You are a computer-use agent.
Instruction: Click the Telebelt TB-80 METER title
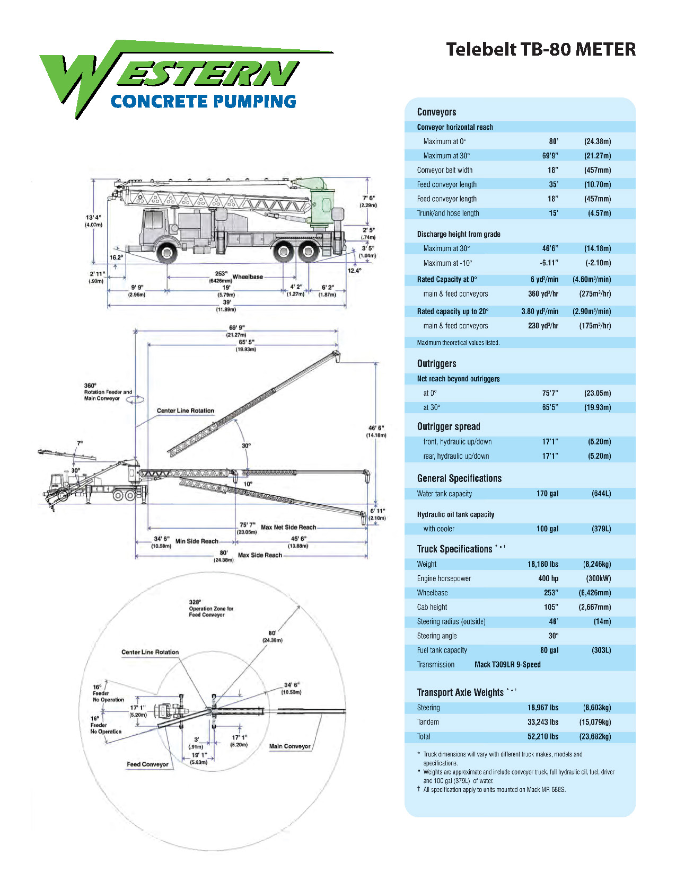pos(540,49)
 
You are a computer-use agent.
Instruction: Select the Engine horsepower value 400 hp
pos(548,578)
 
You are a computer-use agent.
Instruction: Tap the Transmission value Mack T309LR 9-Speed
pos(507,664)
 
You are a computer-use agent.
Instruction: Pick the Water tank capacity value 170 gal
pos(547,494)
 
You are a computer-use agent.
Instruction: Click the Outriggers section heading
pos(436,363)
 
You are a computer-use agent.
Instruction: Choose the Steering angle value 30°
pos(553,636)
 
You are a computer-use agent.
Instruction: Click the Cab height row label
pos(432,607)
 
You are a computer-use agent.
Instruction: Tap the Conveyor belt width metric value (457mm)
pos(598,170)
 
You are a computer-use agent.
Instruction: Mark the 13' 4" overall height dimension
pos(93,218)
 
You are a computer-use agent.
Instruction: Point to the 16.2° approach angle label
pos(116,257)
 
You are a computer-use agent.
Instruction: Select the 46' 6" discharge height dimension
pos(376,428)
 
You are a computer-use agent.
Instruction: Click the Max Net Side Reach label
pos(288,527)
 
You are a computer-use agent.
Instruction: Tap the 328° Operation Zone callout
pos(210,608)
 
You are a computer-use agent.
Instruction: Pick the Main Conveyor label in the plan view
pos(289,746)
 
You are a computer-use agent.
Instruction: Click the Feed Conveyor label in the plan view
pos(147,764)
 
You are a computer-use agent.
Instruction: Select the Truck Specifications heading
pos(454,549)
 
